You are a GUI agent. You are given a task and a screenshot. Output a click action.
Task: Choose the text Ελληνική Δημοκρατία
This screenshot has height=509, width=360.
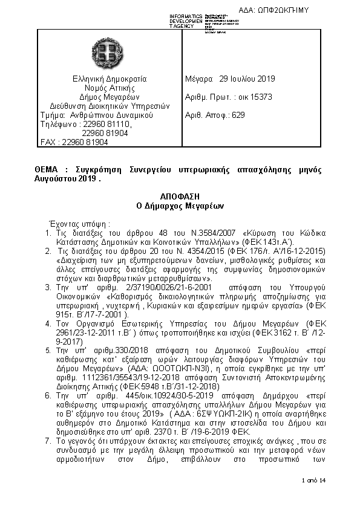(x=110, y=79)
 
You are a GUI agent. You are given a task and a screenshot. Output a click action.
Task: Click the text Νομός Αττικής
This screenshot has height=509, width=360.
(x=110, y=88)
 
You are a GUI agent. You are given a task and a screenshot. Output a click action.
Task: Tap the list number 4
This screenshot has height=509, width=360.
(x=48, y=324)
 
